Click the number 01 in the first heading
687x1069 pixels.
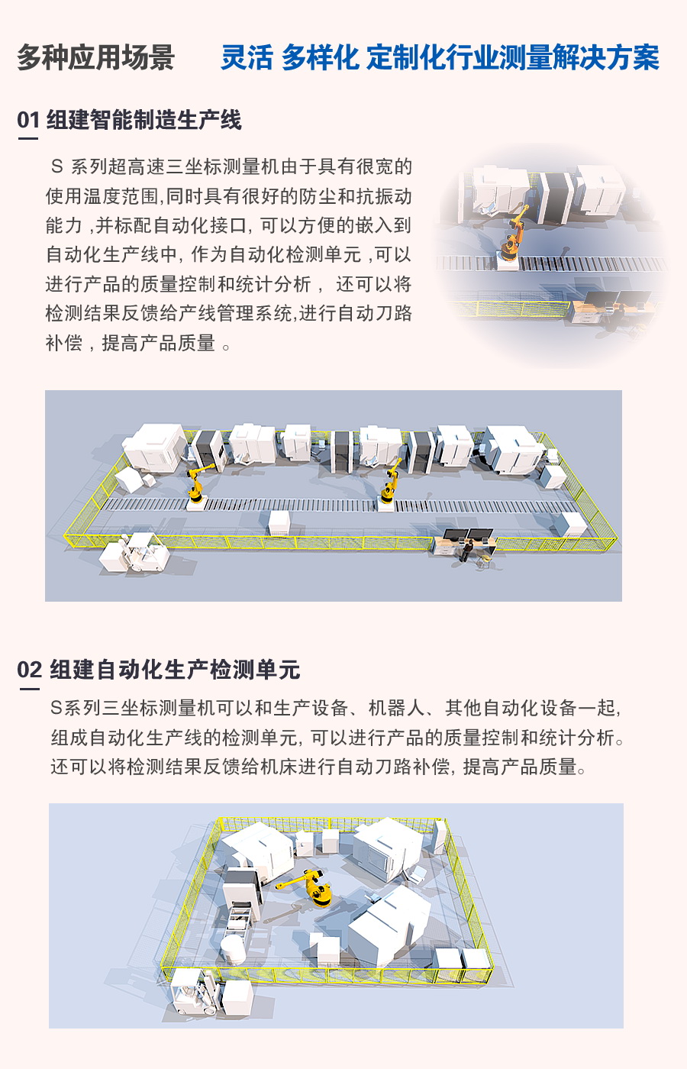(x=28, y=121)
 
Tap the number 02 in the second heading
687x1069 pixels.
(x=29, y=670)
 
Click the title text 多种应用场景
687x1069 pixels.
(x=95, y=58)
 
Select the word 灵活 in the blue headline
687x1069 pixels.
(x=247, y=58)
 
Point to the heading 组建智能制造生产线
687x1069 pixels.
(x=144, y=121)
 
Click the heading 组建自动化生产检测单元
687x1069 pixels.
(x=175, y=670)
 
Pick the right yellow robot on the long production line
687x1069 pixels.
(x=390, y=485)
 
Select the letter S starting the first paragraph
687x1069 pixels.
(x=56, y=167)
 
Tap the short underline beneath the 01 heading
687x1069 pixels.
(x=27, y=139)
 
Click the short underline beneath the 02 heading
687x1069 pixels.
(x=29, y=689)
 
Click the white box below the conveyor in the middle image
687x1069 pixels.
(x=279, y=522)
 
